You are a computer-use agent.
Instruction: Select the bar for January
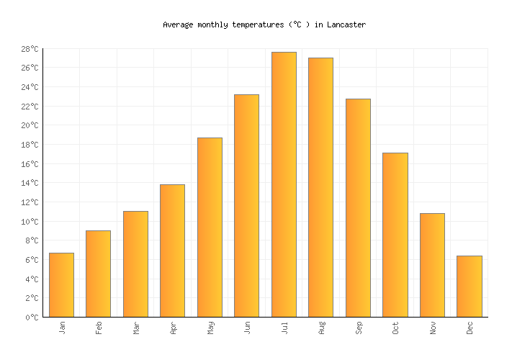pyautogui.click(x=61, y=284)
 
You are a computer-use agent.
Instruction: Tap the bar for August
pyautogui.click(x=320, y=187)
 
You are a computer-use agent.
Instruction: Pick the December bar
pyautogui.click(x=469, y=286)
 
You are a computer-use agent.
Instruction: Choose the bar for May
pyautogui.click(x=210, y=227)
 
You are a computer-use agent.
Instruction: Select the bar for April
pyautogui.click(x=172, y=251)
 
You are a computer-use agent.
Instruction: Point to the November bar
pyautogui.click(x=432, y=265)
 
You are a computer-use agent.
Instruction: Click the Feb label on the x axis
pyautogui.click(x=99, y=328)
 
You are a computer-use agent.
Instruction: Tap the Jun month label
pyautogui.click(x=247, y=328)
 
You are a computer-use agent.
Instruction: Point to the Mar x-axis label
pyautogui.click(x=136, y=328)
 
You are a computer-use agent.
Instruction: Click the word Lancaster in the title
pyautogui.click(x=346, y=24)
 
